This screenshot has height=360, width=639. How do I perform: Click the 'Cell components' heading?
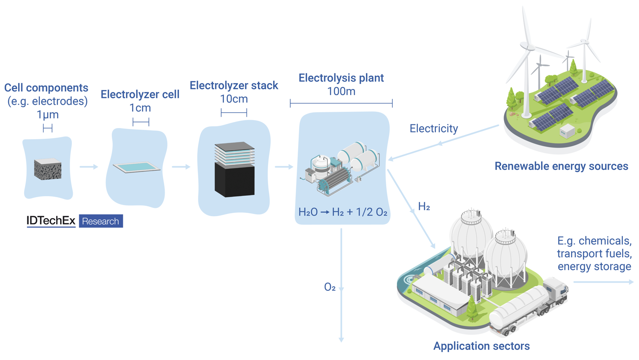point(46,88)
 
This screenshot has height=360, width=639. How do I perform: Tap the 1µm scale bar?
point(47,128)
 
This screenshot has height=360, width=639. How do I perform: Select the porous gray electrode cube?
point(47,169)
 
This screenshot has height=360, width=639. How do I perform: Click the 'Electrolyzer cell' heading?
point(140,95)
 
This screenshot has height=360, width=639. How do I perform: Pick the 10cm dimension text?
point(234,99)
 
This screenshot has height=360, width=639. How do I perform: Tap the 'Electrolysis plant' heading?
point(341,78)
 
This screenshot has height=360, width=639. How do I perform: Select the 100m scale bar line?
point(341,103)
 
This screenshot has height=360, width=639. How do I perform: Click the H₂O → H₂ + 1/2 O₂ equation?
point(343,212)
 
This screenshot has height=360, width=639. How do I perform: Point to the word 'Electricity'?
point(434,129)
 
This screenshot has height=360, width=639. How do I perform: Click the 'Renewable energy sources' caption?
point(561,166)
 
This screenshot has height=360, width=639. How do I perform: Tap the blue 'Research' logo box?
point(101,221)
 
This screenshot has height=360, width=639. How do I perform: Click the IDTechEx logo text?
point(51,221)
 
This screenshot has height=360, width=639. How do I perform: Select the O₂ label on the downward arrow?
point(330,288)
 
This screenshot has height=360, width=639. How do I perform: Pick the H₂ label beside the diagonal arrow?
point(424,207)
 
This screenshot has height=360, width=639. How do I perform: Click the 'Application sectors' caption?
point(481,346)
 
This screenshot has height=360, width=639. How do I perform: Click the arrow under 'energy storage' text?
point(603,282)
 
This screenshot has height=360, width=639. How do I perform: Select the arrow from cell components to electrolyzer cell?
point(89,167)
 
